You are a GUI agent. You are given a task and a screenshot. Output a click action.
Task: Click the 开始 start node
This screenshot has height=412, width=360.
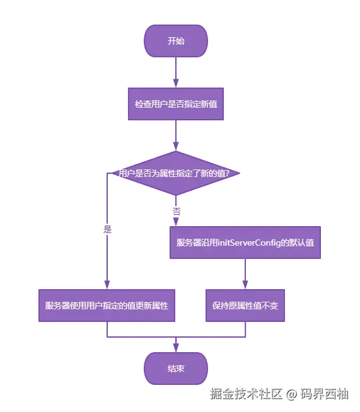[x=176, y=41]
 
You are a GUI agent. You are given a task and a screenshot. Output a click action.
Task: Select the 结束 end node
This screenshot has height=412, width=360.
[x=176, y=369]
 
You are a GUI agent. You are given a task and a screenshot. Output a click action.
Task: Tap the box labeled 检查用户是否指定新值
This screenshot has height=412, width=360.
[x=176, y=104]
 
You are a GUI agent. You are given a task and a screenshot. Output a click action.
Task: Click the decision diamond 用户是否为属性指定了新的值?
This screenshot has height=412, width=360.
[x=176, y=173]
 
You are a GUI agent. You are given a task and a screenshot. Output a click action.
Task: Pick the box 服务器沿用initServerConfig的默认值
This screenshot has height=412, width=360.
[x=245, y=243]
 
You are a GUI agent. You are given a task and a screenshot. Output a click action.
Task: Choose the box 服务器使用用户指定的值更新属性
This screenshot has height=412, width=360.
[x=107, y=306]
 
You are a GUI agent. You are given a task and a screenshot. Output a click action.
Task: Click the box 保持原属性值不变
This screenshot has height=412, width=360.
[x=245, y=306]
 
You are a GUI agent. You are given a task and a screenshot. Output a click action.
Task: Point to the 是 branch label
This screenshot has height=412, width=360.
[x=107, y=230]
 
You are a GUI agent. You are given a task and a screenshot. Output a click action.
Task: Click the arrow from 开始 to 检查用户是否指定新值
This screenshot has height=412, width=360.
[x=176, y=72]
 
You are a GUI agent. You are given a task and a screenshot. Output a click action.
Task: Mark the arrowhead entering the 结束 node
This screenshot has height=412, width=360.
[x=176, y=348]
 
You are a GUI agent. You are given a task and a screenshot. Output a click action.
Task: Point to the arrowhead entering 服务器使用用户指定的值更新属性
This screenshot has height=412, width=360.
[x=107, y=285]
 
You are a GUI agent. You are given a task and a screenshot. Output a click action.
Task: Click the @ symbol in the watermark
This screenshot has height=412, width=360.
[x=291, y=395]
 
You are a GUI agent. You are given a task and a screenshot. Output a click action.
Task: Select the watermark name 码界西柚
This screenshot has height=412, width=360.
[x=326, y=394]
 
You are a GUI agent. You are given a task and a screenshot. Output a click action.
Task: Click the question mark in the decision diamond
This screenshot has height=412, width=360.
[x=236, y=173]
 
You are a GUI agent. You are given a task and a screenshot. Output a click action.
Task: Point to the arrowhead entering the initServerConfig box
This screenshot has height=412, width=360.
[x=176, y=222]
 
